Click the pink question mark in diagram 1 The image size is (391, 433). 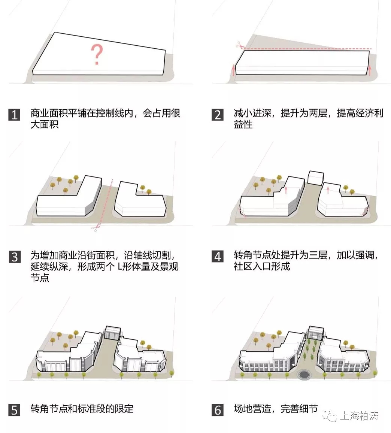97,54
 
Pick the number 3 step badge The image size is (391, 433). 14,257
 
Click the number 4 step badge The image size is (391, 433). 218,257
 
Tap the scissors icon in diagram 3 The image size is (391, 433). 96,227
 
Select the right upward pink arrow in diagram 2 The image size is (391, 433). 370,70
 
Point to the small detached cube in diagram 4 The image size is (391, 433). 315,178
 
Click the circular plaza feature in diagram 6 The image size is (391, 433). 304,374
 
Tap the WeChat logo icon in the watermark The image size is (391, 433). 331,416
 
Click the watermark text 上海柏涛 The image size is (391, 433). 359,416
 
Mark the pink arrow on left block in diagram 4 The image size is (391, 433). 286,190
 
